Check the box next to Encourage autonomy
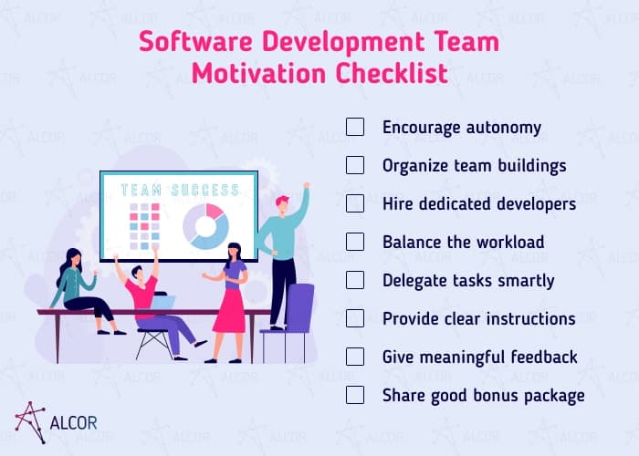pyautogui.click(x=355, y=127)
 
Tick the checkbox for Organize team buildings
pyautogui.click(x=355, y=165)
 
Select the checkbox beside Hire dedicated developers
pyautogui.click(x=355, y=203)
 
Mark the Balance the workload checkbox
pyautogui.click(x=355, y=242)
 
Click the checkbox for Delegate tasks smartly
pyautogui.click(x=355, y=280)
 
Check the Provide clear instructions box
pyautogui.click(x=355, y=318)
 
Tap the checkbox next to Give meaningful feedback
pyautogui.click(x=355, y=357)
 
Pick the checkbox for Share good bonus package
pyautogui.click(x=355, y=395)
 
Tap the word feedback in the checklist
pyautogui.click(x=543, y=357)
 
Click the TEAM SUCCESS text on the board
pyautogui.click(x=180, y=191)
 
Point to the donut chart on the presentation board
pyautogui.click(x=205, y=224)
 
